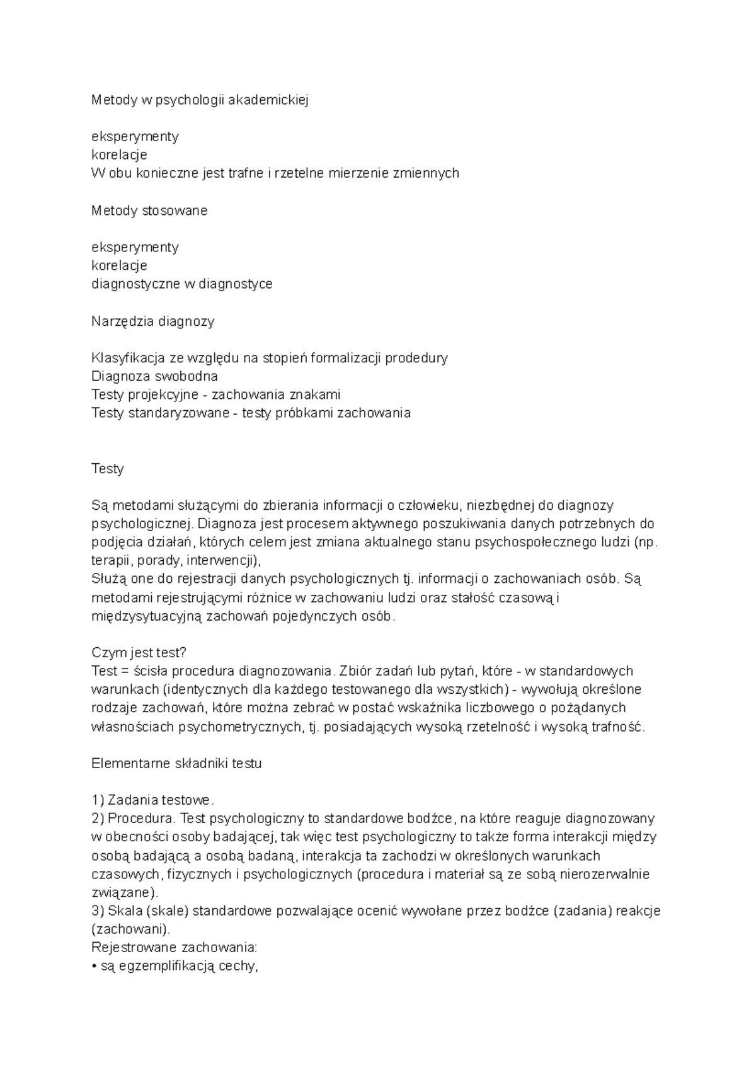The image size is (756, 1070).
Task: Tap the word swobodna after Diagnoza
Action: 188,377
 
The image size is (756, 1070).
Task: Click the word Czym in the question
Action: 106,652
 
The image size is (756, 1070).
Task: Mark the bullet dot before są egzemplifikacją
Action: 94,966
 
